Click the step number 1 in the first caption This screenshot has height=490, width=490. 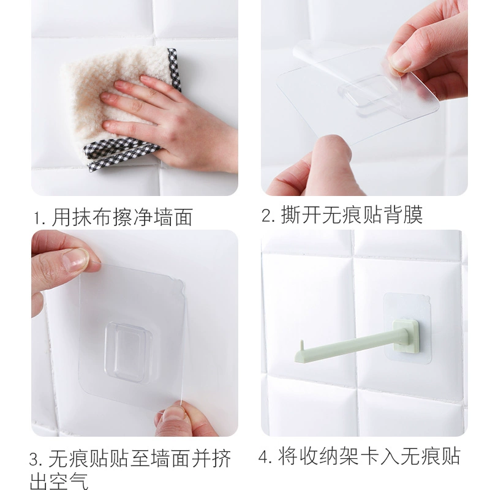(x=37, y=219)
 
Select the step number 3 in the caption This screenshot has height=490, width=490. (x=35, y=459)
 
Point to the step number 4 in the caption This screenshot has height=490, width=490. (x=264, y=457)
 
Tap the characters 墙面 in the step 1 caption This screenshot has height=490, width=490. (x=173, y=217)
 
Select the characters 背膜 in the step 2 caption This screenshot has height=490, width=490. (x=404, y=215)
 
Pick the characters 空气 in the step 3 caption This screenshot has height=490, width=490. (x=69, y=481)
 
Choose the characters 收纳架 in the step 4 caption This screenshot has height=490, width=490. (x=329, y=456)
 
